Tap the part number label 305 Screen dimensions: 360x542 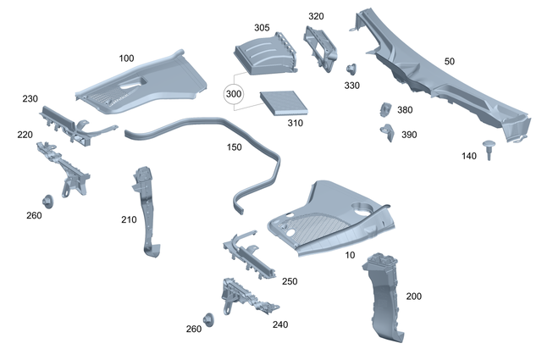(262, 28)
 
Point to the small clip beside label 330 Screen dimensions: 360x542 (351, 69)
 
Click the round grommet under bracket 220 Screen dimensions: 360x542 (47, 201)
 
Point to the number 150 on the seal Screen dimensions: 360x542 (234, 147)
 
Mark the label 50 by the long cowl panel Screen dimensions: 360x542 (449, 62)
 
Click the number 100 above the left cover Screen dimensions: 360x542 (126, 58)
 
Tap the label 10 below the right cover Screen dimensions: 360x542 (350, 254)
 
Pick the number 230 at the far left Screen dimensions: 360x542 (30, 99)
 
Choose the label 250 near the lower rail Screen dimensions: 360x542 (289, 281)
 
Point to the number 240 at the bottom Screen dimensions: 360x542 (279, 324)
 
